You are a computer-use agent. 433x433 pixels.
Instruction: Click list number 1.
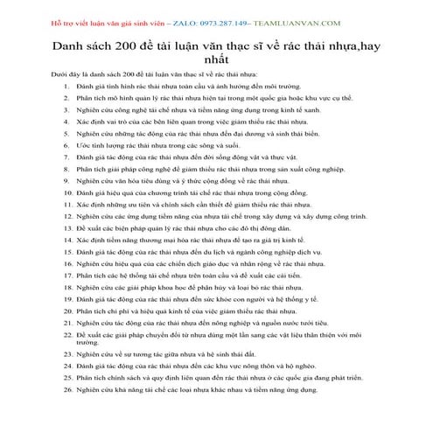[67, 88]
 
